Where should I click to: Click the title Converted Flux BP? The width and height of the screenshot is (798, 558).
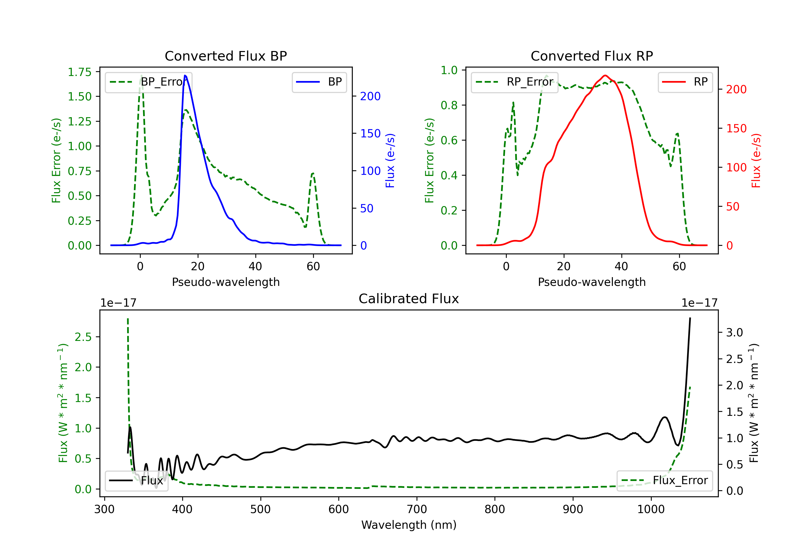pyautogui.click(x=226, y=56)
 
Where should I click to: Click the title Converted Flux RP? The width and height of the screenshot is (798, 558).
pyautogui.click(x=592, y=56)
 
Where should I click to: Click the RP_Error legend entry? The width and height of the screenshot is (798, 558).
pyautogui.click(x=514, y=82)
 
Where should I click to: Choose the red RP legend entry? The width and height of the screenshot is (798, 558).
pyautogui.click(x=685, y=82)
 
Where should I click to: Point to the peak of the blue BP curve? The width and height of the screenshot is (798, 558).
pyautogui.click(x=185, y=75)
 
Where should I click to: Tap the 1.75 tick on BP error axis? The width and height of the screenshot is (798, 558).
pyautogui.click(x=80, y=72)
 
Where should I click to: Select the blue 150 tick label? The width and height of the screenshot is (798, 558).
pyautogui.click(x=370, y=133)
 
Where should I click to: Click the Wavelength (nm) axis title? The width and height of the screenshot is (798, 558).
pyautogui.click(x=409, y=525)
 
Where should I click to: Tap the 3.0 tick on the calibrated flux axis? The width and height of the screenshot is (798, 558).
pyautogui.click(x=734, y=332)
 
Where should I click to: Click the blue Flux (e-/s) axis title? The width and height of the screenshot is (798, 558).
pyautogui.click(x=390, y=160)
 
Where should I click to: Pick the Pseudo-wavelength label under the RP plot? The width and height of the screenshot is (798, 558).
pyautogui.click(x=592, y=282)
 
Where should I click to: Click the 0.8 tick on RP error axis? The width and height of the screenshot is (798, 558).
pyautogui.click(x=449, y=105)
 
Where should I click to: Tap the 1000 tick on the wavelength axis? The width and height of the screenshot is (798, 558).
pyautogui.click(x=651, y=509)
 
